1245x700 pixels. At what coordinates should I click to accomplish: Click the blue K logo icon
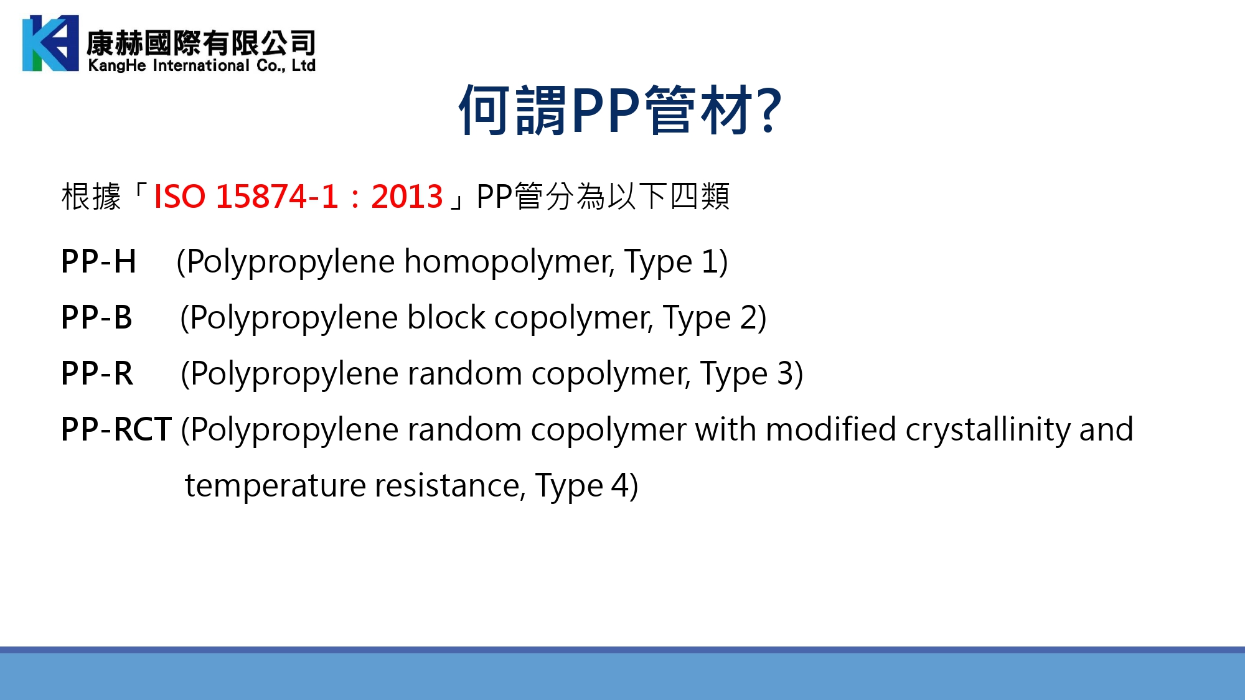[50, 43]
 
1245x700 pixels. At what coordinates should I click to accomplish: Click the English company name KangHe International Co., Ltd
[202, 65]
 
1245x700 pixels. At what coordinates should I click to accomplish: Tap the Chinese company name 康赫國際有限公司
[201, 42]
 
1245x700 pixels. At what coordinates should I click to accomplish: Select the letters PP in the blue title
[606, 110]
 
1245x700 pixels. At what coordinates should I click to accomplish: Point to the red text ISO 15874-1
[246, 197]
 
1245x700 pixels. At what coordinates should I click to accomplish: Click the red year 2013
[407, 197]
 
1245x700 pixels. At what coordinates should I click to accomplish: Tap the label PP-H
[98, 261]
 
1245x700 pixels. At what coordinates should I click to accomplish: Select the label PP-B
[96, 317]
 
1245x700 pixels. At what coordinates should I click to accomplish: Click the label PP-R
[97, 373]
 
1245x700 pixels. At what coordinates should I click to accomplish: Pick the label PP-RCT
[116, 429]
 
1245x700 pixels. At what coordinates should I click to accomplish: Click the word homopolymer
[509, 262]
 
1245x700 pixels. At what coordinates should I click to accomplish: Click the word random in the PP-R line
[464, 373]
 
